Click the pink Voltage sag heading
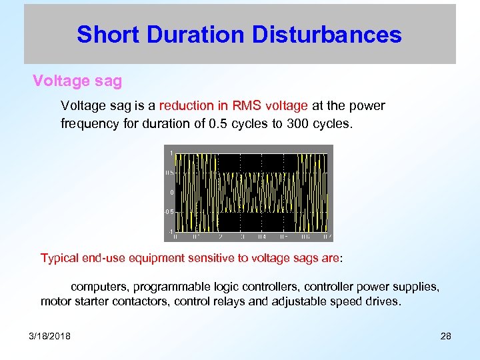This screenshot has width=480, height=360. pos(77,81)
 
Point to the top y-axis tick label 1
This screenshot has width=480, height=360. pos(171,153)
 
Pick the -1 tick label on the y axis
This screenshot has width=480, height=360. pos(169,231)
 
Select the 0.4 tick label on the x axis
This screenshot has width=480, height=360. pos(261,237)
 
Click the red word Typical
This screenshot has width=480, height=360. pos(61,257)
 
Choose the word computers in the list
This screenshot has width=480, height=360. pos(100,287)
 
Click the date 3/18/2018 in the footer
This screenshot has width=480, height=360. pos(49,335)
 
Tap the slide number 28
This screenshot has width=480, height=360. pos(446,335)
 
